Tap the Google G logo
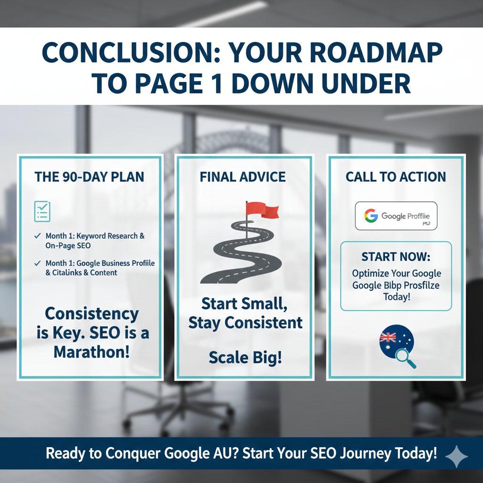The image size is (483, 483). tap(371, 216)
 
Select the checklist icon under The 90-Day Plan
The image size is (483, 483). tap(42, 211)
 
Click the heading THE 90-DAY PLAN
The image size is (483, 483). tap(90, 177)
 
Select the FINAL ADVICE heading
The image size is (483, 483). tap(243, 177)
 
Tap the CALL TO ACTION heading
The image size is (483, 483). tap(396, 177)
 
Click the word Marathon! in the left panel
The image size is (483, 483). tap(92, 351)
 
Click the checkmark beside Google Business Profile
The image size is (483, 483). tap(38, 263)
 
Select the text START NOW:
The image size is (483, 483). tap(396, 257)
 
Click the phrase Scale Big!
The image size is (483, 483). tap(245, 358)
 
